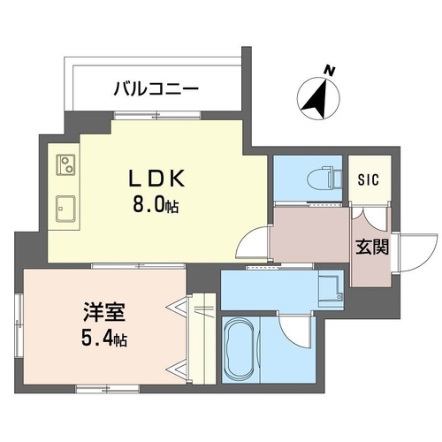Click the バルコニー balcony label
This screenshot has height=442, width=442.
click(x=156, y=89)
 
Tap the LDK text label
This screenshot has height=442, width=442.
click(x=157, y=179)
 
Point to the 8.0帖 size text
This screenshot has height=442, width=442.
click(x=156, y=205)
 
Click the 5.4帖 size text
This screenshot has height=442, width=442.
click(x=104, y=339)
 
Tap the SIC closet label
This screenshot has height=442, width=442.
click(x=369, y=179)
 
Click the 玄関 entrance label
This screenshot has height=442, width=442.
click(x=372, y=247)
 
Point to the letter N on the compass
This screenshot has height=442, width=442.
click(x=330, y=71)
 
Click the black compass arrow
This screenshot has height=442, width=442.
click(x=316, y=98)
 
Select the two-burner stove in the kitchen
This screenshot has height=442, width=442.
click(x=65, y=165)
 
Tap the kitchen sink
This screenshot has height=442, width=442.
click(x=65, y=209)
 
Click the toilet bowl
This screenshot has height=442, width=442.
click(x=324, y=179)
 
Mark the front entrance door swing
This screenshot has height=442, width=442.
click(x=417, y=253)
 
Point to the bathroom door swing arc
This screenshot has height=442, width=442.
click(x=293, y=331)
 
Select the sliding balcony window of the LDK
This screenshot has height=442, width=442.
click(x=157, y=115)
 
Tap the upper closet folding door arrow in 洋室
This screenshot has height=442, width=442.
click(x=176, y=307)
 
